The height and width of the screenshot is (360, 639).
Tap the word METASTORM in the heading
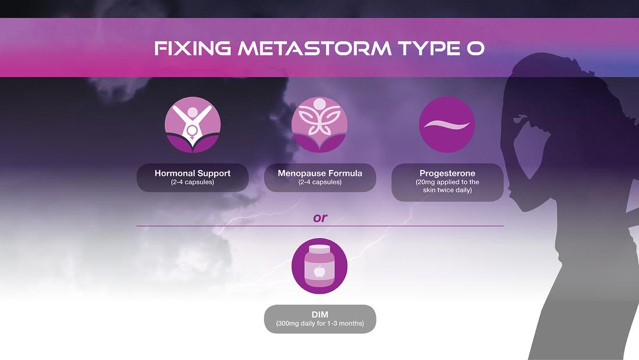pyautogui.click(x=314, y=49)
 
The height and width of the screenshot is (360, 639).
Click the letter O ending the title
pyautogui.click(x=475, y=49)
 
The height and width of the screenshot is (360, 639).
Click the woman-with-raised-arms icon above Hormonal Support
pyautogui.click(x=192, y=125)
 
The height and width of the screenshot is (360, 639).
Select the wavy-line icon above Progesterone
pyautogui.click(x=447, y=125)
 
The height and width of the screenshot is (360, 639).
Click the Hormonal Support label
pyautogui.click(x=192, y=173)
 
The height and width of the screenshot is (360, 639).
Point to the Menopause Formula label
pyautogui.click(x=319, y=173)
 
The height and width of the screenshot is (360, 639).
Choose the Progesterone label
pyautogui.click(x=447, y=173)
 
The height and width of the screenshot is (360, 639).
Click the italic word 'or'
pyautogui.click(x=319, y=218)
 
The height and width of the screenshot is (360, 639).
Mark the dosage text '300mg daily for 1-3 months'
pyautogui.click(x=319, y=324)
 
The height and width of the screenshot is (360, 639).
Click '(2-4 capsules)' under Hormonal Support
pyautogui.click(x=192, y=182)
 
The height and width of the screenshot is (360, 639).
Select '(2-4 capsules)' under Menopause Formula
pyautogui.click(x=319, y=182)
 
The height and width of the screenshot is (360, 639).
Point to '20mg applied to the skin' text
pyautogui.click(x=447, y=186)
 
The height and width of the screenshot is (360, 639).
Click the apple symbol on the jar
pyautogui.click(x=319, y=272)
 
